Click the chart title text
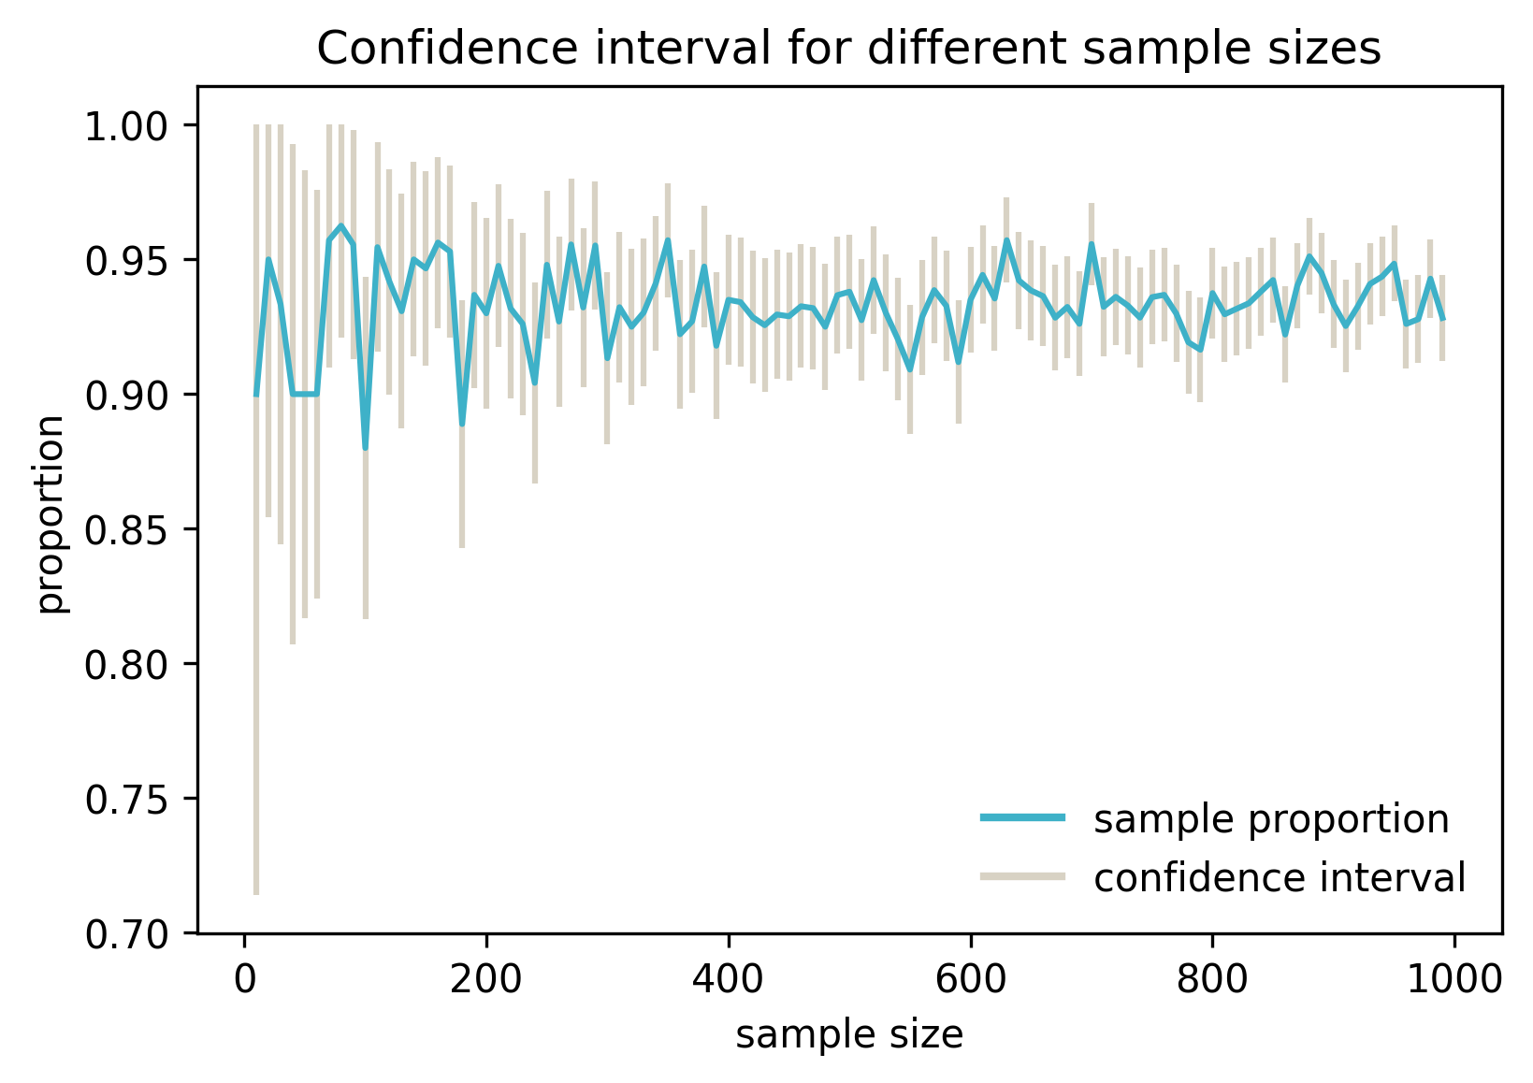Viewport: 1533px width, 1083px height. tap(848, 49)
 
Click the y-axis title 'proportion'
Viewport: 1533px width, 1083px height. tap(53, 513)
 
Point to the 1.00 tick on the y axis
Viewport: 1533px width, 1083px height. tap(128, 126)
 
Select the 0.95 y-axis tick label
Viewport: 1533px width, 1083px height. tap(128, 261)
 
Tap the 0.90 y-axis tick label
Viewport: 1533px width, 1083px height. tap(128, 396)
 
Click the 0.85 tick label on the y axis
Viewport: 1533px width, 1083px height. tap(128, 530)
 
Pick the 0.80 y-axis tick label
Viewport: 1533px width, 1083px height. tap(128, 665)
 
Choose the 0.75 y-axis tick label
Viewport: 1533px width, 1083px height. tap(128, 800)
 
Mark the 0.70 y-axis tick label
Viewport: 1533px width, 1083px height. tap(128, 934)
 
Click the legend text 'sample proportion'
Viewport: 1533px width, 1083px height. tap(1271, 819)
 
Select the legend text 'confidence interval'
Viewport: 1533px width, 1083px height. tap(1279, 878)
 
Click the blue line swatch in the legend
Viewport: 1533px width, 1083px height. tap(1022, 818)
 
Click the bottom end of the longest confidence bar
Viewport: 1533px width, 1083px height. tap(256, 893)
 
